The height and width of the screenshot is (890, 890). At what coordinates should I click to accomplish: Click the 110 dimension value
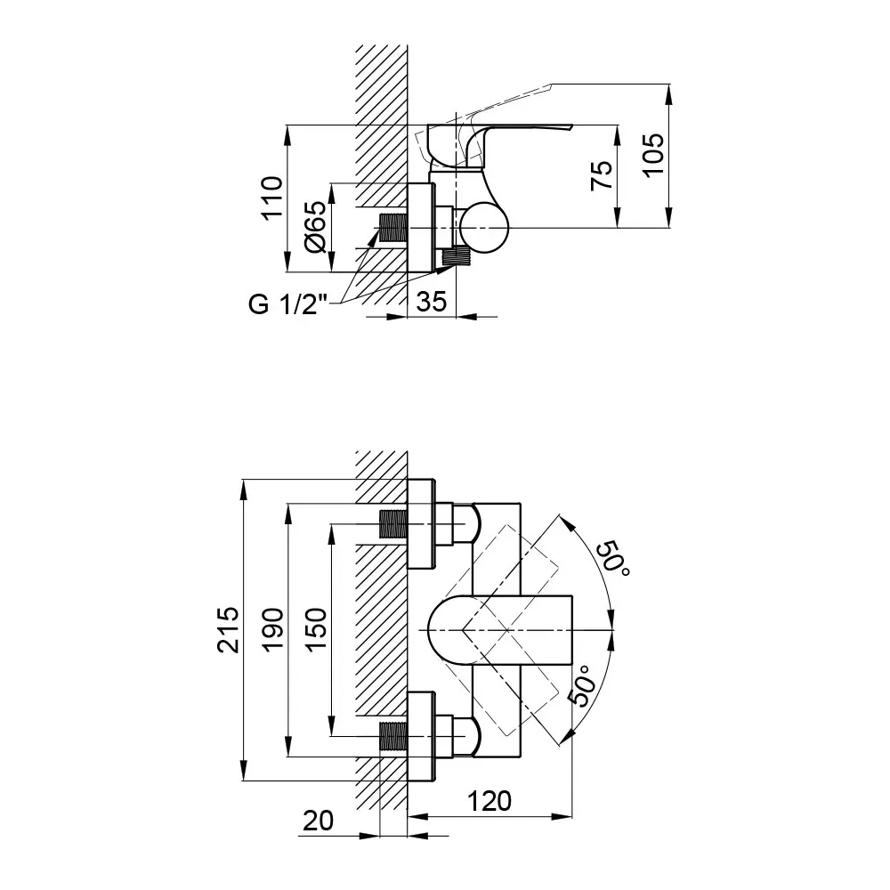tap(272, 197)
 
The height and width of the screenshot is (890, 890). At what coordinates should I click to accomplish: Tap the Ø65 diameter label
tap(316, 227)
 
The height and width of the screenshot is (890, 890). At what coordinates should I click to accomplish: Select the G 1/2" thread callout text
tap(288, 304)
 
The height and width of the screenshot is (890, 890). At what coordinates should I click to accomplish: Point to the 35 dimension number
tap(432, 302)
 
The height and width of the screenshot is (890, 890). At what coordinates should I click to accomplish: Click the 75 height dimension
tap(603, 175)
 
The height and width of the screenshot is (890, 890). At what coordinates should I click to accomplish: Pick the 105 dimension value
tap(653, 156)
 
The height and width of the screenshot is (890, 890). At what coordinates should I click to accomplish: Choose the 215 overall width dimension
tap(229, 630)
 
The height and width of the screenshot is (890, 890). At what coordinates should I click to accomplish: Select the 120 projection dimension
tap(489, 801)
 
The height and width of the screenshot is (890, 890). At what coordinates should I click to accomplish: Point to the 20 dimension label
tap(318, 821)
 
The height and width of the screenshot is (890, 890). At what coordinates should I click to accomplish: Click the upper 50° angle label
tap(612, 558)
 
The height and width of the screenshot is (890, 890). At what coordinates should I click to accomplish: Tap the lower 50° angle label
tap(585, 685)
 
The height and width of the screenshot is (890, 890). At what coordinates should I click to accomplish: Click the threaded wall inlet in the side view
tap(392, 228)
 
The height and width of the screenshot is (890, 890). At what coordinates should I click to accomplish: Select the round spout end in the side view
tap(484, 227)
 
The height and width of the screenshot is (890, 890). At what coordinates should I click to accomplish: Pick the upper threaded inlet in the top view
tap(392, 523)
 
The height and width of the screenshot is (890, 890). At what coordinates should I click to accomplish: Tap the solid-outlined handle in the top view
tap(499, 629)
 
